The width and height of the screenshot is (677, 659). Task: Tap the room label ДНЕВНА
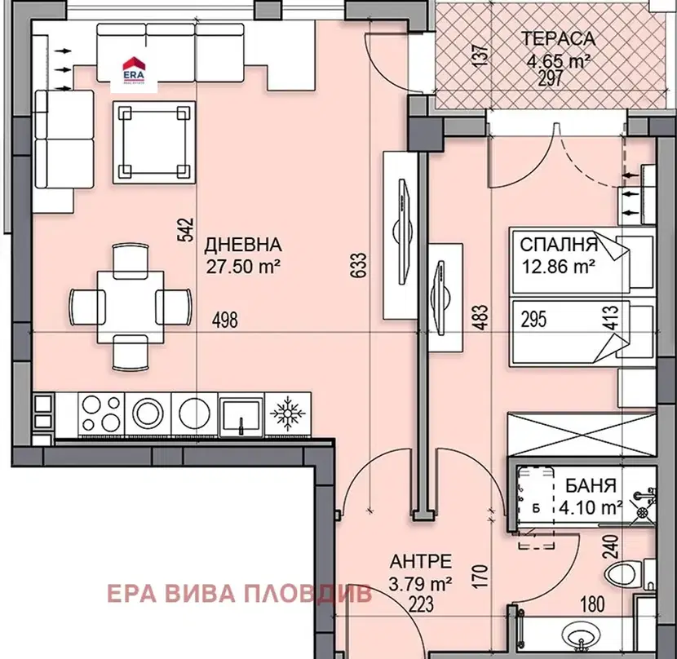click(243, 245)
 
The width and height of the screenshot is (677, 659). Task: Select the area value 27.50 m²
click(243, 267)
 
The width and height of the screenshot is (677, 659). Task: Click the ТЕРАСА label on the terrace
click(558, 39)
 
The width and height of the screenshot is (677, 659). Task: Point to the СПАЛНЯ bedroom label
click(559, 245)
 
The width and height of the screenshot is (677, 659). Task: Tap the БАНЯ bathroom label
click(591, 486)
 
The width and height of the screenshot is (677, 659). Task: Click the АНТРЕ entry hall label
click(421, 561)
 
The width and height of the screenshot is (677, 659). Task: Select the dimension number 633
click(359, 265)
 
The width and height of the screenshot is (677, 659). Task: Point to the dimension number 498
click(225, 320)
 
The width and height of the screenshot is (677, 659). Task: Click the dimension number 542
click(186, 231)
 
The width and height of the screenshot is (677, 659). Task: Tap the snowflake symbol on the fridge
click(288, 414)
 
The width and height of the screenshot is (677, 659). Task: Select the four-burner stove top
click(101, 414)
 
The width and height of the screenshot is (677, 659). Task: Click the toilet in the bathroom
click(624, 574)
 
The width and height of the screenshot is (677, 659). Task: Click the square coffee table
click(154, 143)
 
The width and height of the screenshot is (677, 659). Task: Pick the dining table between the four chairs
click(131, 307)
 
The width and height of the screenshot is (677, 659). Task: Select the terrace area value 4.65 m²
click(559, 61)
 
